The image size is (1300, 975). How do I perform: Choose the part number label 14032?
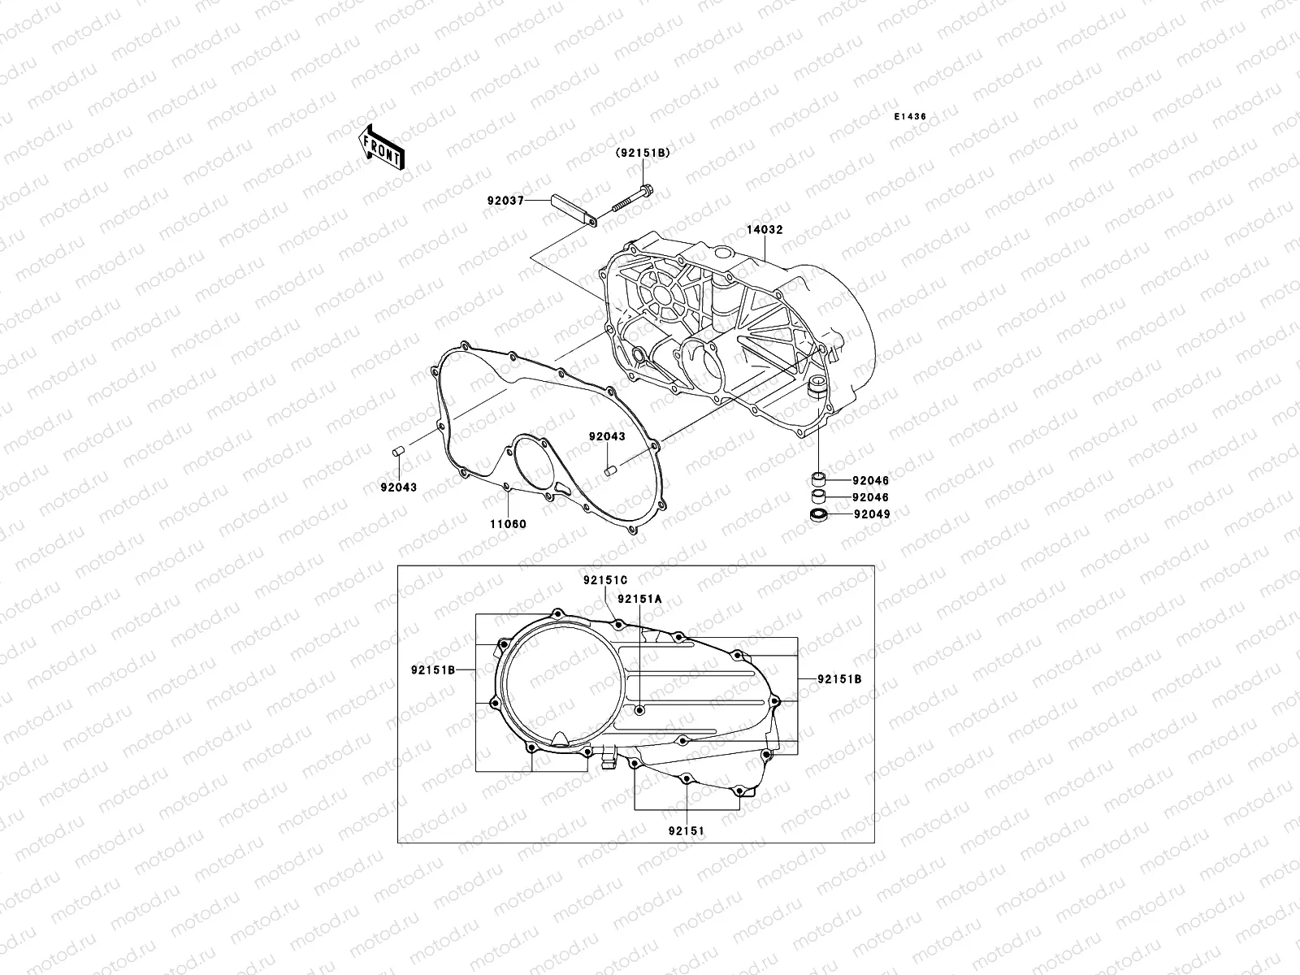pos(765,230)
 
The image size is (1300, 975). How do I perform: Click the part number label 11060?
pos(507,525)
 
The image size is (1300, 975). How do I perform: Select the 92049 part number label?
pos(871,514)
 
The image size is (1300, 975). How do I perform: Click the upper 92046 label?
pos(871,481)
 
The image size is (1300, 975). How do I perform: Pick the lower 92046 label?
pos(871,497)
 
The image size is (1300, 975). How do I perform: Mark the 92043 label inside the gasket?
pos(607,437)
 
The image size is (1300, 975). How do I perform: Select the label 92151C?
pos(605,581)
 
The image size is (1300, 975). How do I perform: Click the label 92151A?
pos(639,599)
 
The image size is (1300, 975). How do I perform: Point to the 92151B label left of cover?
pos(432,670)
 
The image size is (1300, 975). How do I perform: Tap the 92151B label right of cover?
pos(839,679)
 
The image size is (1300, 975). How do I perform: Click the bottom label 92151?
pos(687,831)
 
